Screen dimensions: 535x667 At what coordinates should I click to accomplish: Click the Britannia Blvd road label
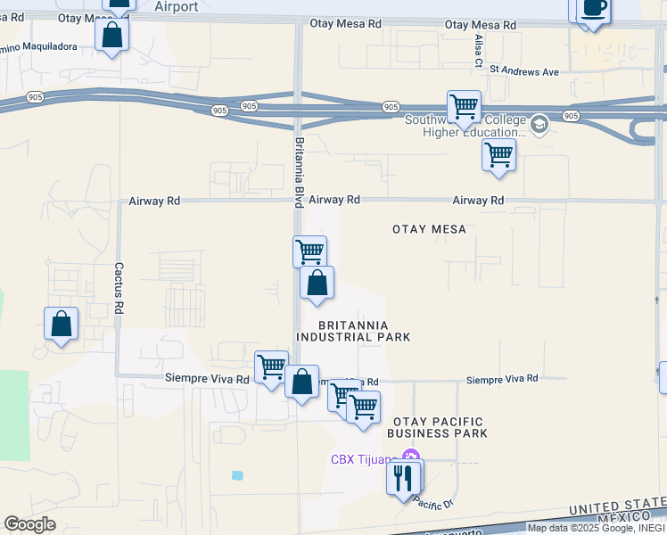(x=299, y=171)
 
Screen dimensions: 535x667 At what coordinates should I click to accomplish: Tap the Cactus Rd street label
(x=118, y=288)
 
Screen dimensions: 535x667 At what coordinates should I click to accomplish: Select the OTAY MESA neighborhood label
(x=429, y=229)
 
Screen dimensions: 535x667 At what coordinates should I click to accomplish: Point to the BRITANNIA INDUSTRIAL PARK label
(x=353, y=331)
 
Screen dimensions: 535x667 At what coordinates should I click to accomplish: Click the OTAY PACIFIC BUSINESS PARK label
(x=437, y=427)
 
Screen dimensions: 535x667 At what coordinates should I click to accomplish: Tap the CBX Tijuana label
(x=364, y=459)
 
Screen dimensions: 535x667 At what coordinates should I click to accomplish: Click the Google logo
(x=29, y=524)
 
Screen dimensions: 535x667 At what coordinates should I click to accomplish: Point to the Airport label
(x=176, y=6)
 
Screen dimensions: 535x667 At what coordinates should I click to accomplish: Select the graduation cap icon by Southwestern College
(x=539, y=124)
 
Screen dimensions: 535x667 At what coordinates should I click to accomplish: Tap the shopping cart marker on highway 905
(x=464, y=107)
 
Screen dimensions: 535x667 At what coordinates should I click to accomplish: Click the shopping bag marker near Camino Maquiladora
(x=112, y=35)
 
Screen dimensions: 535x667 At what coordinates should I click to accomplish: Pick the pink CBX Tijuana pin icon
(x=408, y=458)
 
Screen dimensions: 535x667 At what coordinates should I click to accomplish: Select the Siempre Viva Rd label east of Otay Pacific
(x=502, y=379)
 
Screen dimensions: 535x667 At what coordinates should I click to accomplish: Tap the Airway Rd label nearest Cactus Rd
(x=154, y=202)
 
